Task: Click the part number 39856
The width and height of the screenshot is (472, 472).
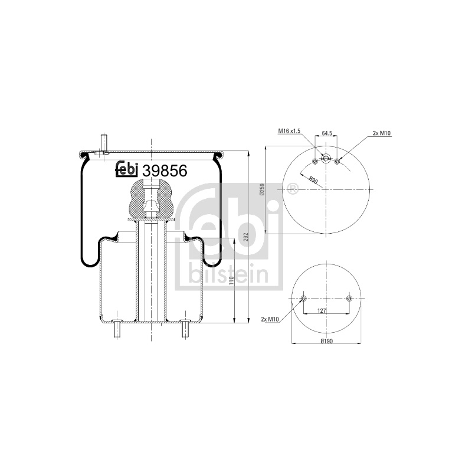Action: coord(165,171)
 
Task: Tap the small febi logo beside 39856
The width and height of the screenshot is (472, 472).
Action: coord(127,169)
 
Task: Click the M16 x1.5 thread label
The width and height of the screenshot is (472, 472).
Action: coord(289,131)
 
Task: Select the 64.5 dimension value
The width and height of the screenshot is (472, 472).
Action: coord(327,133)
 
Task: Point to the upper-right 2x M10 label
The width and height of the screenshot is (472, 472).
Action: coord(382,133)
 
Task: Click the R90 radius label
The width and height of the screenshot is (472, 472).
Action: coord(313,181)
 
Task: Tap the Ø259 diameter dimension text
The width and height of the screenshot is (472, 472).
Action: coord(261,190)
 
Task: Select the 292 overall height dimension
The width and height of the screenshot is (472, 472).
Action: coord(245,238)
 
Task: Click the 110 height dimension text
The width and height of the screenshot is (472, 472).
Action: coord(231,281)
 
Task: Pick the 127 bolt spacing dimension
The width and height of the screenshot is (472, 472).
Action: coord(322,311)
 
